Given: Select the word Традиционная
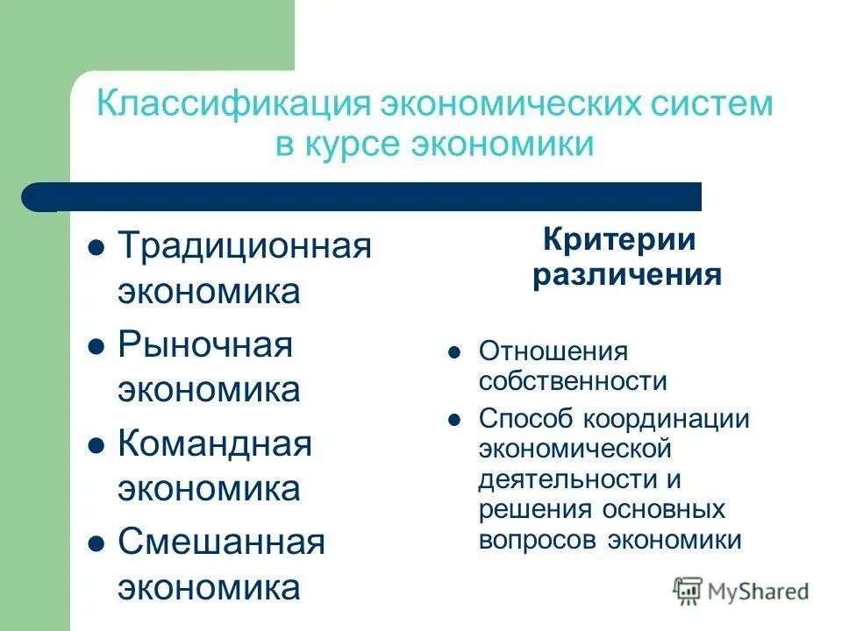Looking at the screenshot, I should (245, 246).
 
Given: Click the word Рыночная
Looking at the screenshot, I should (205, 344).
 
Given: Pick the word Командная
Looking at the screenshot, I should (215, 443).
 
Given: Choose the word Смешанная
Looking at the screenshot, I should (221, 542).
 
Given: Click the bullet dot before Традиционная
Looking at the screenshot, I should (97, 248).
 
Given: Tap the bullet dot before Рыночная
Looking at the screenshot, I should (97, 346).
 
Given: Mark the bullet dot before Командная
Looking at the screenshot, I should (97, 445).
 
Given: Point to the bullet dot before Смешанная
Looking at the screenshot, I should (97, 543).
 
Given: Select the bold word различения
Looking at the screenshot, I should (627, 276).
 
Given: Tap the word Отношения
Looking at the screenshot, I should (553, 352).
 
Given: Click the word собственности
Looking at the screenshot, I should (573, 382).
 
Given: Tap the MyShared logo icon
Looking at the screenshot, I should (689, 591).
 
